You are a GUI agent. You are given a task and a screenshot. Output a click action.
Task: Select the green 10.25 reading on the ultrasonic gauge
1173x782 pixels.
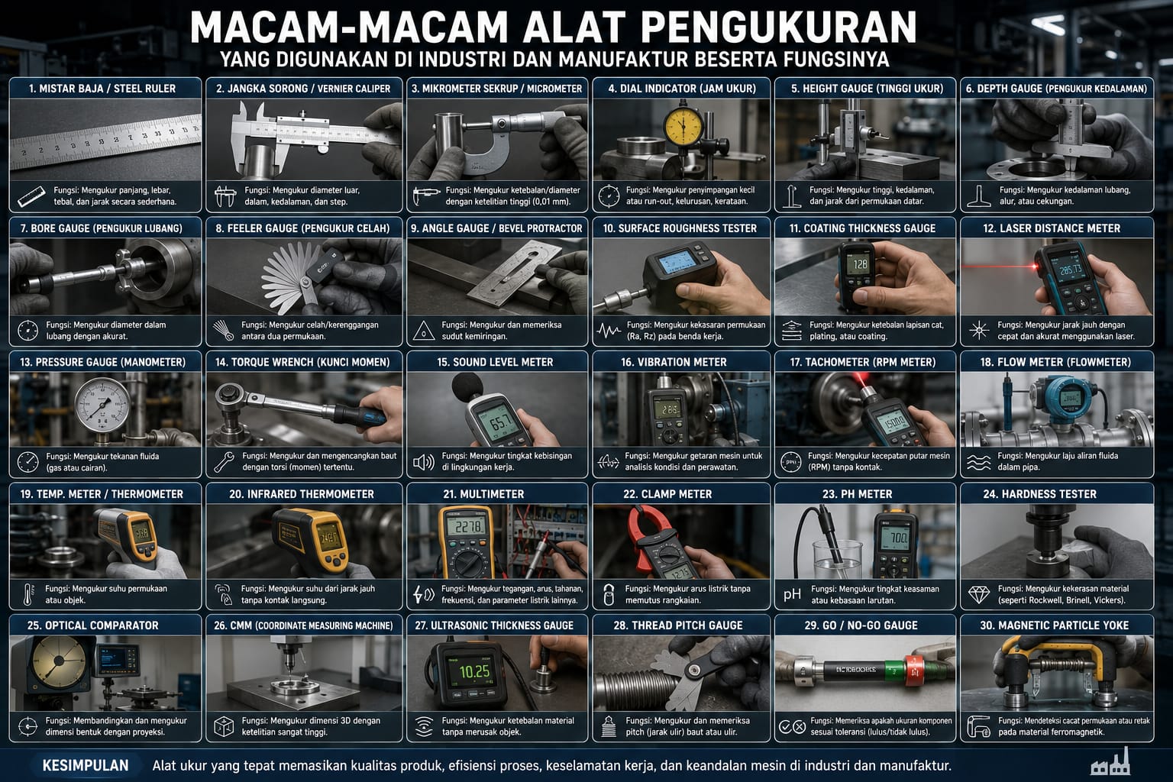tap(474, 671)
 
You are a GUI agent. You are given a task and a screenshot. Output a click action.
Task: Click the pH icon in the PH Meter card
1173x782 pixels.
tap(792, 594)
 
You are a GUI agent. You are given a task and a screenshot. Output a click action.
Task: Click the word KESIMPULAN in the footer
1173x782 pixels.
tap(86, 765)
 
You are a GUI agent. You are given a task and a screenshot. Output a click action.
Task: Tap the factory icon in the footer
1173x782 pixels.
tap(1110, 762)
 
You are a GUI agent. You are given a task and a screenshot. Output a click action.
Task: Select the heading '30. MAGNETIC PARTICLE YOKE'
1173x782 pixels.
tap(1055, 625)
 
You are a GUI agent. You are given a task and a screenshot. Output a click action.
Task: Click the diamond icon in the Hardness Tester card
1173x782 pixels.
tap(979, 594)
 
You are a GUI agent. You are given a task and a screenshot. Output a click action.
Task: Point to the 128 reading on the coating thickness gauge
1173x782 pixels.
tap(860, 264)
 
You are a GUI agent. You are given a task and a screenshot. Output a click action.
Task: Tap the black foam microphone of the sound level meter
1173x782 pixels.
tap(467, 389)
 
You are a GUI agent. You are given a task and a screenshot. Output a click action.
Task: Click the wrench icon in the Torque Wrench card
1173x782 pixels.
tap(224, 462)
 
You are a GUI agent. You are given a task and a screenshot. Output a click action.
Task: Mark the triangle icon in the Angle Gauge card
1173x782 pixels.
tap(423, 331)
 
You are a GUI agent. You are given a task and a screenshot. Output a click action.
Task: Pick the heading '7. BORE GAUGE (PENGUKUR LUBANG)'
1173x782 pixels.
tap(102, 228)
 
